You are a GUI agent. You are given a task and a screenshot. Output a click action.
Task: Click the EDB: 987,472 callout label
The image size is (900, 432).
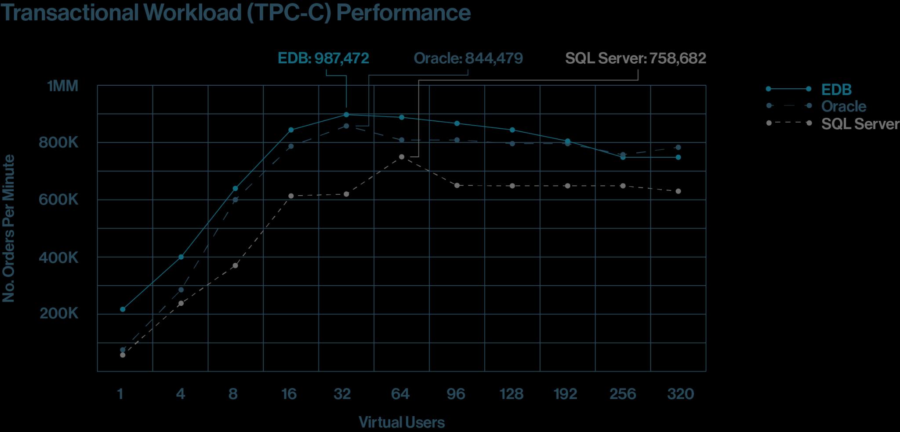(323, 58)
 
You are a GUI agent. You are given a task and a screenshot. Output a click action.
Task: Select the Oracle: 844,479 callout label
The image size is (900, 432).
(468, 58)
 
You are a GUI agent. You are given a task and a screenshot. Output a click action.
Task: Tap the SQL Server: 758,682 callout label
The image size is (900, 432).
(635, 58)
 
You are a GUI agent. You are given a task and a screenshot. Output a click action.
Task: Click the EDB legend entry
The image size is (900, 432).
(836, 90)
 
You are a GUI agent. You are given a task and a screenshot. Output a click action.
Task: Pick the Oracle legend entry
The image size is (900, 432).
(843, 107)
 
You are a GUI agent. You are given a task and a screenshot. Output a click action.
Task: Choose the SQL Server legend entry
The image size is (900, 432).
(860, 124)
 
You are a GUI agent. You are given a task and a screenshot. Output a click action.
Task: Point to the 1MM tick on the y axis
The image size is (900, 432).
(63, 86)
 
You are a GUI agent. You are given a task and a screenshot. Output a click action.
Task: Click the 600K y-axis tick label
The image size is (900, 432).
(58, 200)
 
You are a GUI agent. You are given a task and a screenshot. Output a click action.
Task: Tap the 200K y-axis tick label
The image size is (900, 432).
(59, 314)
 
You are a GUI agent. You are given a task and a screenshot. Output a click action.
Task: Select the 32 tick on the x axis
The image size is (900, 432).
(342, 394)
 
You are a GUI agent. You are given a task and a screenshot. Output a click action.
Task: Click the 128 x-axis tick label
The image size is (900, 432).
(511, 394)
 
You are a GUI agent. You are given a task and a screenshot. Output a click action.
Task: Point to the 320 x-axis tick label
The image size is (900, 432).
(680, 394)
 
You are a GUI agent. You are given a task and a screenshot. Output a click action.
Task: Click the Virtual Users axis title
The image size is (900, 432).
(402, 423)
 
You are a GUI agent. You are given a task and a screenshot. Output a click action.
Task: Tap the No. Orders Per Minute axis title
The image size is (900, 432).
(9, 229)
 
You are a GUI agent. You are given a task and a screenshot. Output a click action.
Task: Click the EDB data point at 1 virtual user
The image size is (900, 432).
(123, 309)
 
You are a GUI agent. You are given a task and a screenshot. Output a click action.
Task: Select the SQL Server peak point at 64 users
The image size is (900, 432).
(402, 157)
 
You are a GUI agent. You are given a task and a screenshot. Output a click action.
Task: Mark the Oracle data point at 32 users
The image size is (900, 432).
(346, 126)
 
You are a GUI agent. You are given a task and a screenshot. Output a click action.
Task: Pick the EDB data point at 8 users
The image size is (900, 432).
(235, 189)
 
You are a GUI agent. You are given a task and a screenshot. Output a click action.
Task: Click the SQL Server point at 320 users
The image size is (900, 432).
(678, 191)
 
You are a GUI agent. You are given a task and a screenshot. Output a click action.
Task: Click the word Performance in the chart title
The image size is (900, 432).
(403, 12)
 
